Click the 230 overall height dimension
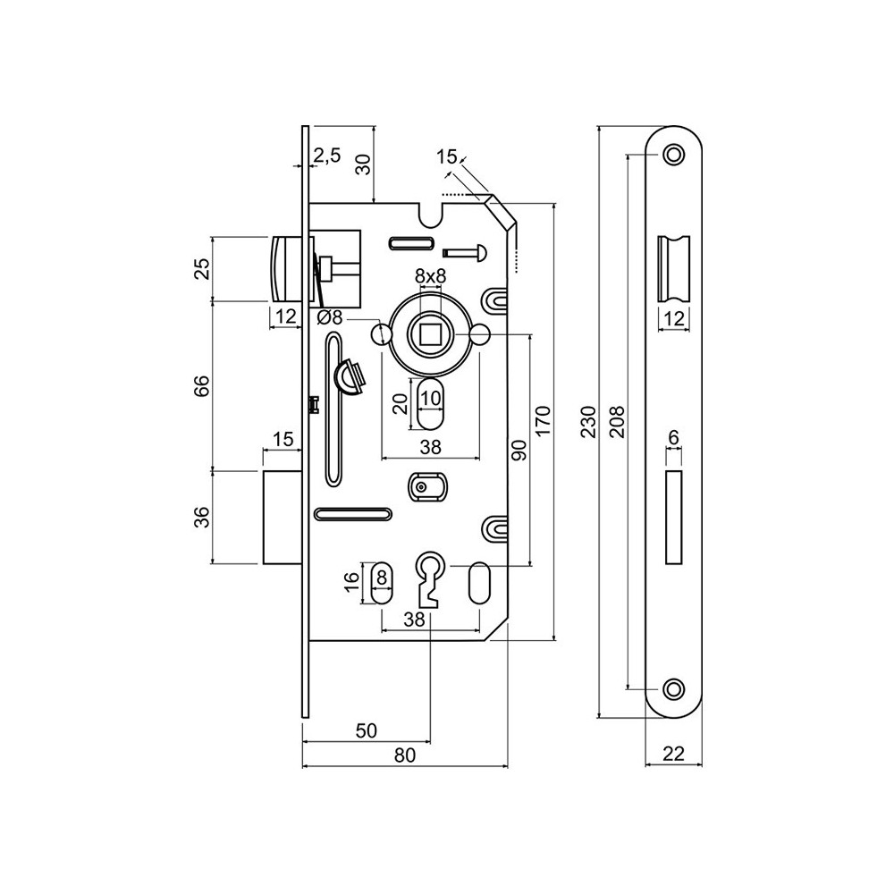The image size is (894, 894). tap(587, 420)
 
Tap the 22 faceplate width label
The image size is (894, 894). tap(674, 754)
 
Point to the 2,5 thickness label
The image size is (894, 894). tap(326, 156)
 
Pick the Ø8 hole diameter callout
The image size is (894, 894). tap(330, 316)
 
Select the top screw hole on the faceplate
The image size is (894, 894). tap(673, 156)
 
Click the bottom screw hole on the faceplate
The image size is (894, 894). tap(673, 687)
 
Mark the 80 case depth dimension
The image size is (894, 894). tap(404, 755)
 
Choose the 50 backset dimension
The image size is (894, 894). tap(366, 730)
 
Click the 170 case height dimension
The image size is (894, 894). tap(544, 420)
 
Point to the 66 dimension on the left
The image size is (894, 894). tap(202, 385)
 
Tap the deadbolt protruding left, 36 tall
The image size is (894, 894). tap(283, 516)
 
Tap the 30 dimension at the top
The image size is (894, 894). tap(363, 163)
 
